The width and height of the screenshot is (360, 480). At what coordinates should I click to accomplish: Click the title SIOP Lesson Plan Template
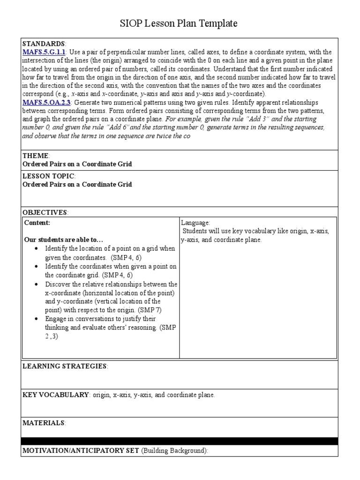180,23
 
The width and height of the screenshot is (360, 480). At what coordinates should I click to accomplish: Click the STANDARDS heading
44,44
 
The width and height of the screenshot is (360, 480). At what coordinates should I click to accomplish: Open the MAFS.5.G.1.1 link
44,52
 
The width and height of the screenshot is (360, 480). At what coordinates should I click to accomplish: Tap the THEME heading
36,156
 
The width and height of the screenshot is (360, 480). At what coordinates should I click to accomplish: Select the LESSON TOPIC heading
48,176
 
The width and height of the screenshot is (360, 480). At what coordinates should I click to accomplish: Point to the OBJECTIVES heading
45,212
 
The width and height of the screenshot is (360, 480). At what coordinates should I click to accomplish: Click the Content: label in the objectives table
37,223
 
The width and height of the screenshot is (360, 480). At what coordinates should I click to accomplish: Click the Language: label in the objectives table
195,223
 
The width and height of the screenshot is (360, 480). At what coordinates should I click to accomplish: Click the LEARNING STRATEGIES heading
65,366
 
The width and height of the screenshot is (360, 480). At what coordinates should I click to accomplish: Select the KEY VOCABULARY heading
56,395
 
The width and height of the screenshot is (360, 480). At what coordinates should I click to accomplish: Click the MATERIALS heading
44,423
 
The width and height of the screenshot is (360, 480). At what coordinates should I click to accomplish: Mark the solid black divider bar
180,441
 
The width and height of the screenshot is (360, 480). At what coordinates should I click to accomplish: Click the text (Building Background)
173,450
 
